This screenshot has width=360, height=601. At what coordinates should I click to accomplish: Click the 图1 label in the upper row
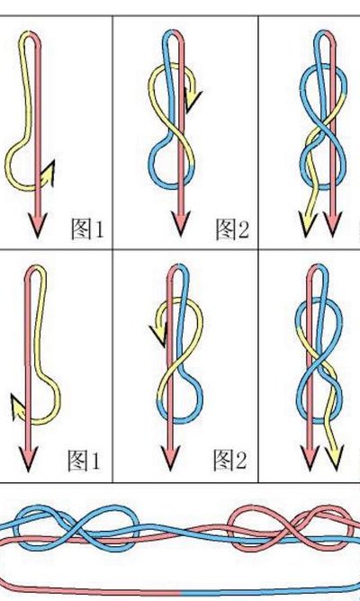87,229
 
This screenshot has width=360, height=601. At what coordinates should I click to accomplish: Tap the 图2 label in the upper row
232,229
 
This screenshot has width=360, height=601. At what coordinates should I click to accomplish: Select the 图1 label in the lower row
84,461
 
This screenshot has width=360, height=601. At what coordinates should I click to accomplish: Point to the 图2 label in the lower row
230,460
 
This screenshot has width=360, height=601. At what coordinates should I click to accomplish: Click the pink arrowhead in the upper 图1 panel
38,225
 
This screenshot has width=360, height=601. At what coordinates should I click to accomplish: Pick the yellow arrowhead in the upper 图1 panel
48,175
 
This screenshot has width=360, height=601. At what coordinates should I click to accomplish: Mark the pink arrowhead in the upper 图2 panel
181,223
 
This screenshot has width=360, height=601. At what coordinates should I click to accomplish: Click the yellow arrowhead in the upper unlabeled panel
308,224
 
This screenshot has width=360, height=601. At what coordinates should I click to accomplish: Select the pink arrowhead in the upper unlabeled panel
332,224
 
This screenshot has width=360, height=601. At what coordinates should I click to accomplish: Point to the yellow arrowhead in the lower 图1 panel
18,407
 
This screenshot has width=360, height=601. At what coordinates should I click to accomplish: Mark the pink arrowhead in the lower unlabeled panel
310,458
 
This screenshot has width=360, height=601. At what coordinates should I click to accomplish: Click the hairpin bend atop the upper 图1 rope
30,34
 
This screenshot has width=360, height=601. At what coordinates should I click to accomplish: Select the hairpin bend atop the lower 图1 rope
36,268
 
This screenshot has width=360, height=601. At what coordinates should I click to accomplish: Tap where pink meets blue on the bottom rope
180,593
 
